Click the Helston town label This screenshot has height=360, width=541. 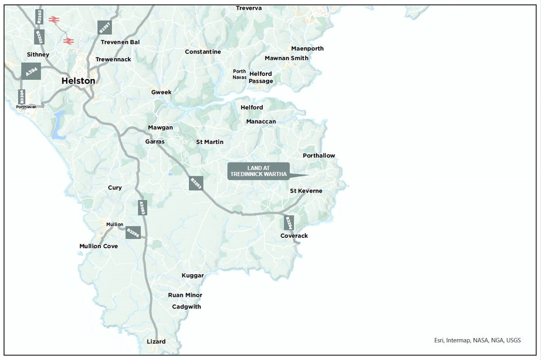[78, 81]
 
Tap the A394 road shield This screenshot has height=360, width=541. [31, 71]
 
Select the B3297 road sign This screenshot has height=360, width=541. [104, 28]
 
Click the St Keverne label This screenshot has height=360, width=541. [306, 191]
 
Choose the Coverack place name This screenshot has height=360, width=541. [294, 236]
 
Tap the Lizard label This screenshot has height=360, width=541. [156, 342]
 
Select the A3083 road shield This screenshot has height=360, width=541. [142, 207]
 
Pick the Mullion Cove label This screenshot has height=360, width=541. [99, 246]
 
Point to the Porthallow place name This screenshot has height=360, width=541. [319, 156]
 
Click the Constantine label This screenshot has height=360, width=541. [203, 52]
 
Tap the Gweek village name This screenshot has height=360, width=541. [161, 92]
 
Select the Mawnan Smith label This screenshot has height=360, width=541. [287, 58]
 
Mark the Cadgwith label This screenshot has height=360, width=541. [187, 307]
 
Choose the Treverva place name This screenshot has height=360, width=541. [249, 8]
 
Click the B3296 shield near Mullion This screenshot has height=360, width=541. [133, 232]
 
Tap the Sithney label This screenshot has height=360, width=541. [38, 55]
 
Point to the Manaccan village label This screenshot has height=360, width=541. [261, 121]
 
